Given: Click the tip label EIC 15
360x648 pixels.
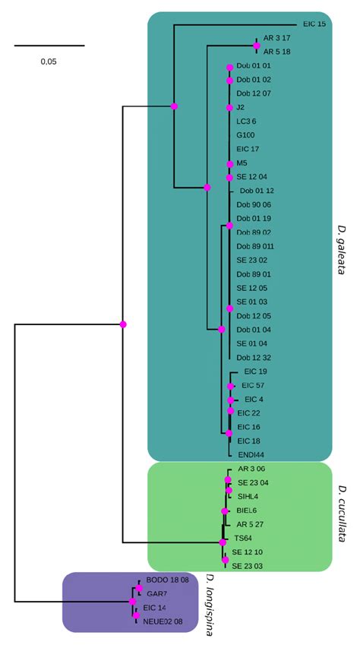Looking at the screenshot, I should (x=314, y=24).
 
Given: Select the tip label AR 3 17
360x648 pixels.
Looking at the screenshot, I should (x=277, y=38).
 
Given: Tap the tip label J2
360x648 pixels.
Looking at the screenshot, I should (x=241, y=107).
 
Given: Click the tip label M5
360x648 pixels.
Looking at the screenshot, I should (x=242, y=163).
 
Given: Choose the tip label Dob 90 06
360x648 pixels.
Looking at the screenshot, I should (x=254, y=204).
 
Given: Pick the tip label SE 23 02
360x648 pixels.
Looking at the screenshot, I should (x=252, y=260).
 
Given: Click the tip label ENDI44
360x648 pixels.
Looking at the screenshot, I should (x=251, y=454).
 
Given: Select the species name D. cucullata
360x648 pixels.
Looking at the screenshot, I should (x=343, y=514).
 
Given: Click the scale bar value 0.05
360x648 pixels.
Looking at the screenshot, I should (x=49, y=62).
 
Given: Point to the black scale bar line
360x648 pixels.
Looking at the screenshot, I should (x=49, y=46).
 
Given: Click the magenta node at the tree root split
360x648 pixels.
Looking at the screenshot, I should (x=123, y=324).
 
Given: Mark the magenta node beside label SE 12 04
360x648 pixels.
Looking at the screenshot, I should (x=229, y=177).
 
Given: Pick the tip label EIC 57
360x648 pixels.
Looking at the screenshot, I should (x=253, y=385).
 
